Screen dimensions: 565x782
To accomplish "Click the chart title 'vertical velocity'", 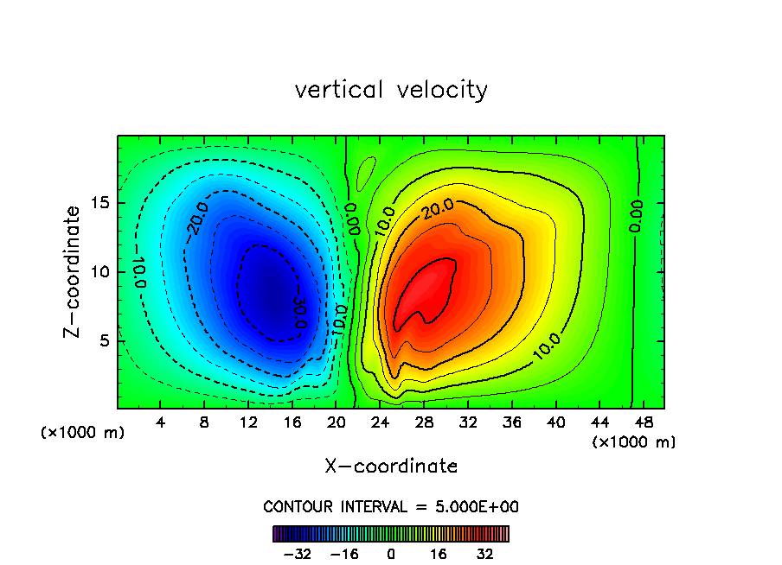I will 391,90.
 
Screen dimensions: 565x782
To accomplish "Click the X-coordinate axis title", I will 391,467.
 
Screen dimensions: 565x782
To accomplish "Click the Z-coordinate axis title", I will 74,271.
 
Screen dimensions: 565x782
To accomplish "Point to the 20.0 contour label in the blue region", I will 196,219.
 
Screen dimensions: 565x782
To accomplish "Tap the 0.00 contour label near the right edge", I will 637,216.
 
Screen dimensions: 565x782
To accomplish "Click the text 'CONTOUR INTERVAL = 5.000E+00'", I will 391,507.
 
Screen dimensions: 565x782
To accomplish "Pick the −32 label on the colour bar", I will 298,554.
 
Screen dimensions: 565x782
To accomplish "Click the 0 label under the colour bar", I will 391,554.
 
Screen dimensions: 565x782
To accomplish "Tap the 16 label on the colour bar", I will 439,554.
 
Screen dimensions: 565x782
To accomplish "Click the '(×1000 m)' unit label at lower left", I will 83,433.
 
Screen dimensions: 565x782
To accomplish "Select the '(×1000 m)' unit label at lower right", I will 634,442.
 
